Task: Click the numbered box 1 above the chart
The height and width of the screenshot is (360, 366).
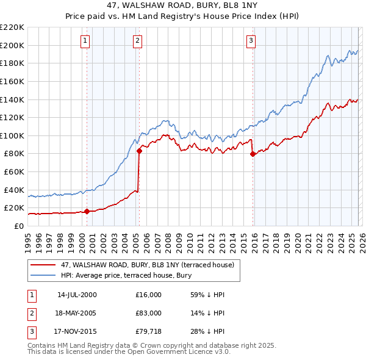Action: tap(85, 41)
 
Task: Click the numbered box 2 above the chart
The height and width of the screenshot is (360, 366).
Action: tap(137, 41)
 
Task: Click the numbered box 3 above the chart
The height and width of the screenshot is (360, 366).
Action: tap(251, 41)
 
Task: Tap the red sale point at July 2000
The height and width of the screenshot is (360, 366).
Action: tap(87, 212)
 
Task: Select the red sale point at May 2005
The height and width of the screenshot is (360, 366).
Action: tap(139, 151)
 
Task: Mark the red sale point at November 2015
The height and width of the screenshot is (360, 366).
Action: tap(253, 154)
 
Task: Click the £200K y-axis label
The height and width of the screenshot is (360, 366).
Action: tap(13, 45)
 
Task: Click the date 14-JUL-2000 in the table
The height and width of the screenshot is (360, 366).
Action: tap(77, 295)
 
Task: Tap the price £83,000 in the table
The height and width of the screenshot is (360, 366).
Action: tap(149, 313)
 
